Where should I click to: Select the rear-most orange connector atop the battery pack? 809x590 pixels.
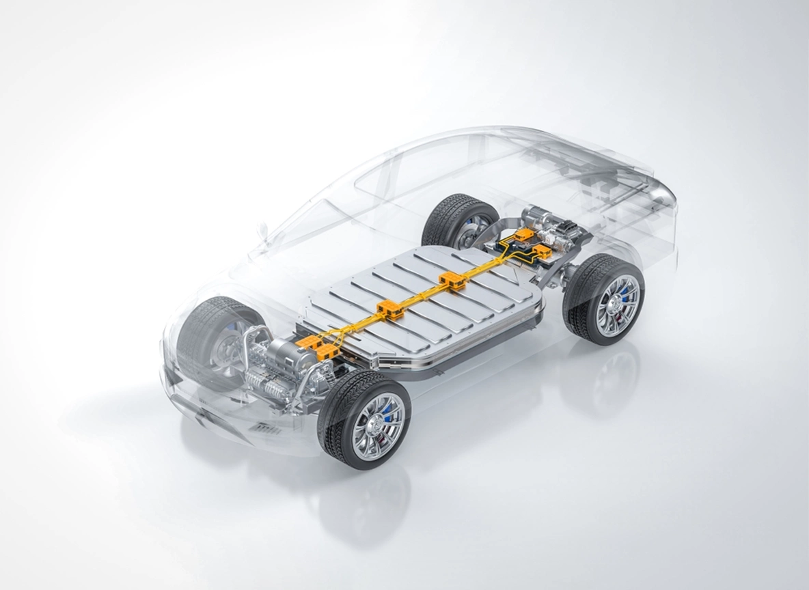pyautogui.click(x=452, y=280)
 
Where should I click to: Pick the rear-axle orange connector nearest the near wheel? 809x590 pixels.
pyautogui.click(x=544, y=253)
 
